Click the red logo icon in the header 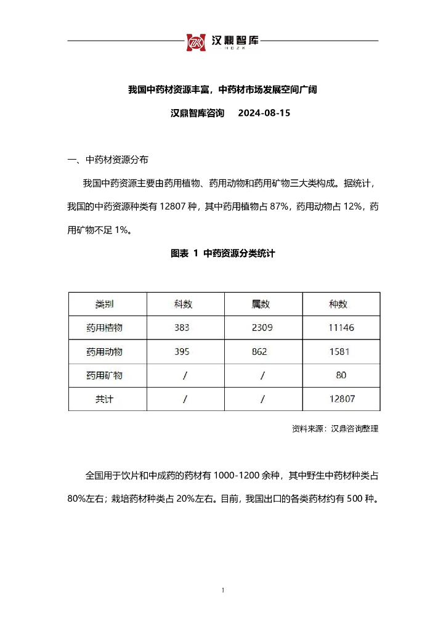tap(197, 41)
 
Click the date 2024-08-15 tap(264, 113)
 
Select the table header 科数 tap(184, 304)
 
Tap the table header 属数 tap(261, 304)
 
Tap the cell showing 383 tap(182, 328)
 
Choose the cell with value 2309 tap(261, 328)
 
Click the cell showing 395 tap(182, 352)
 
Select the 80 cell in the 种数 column tap(341, 375)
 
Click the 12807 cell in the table tap(341, 399)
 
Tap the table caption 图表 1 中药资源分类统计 tap(222, 253)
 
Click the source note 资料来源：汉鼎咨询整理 tap(335, 429)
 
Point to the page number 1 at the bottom tap(222, 592)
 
